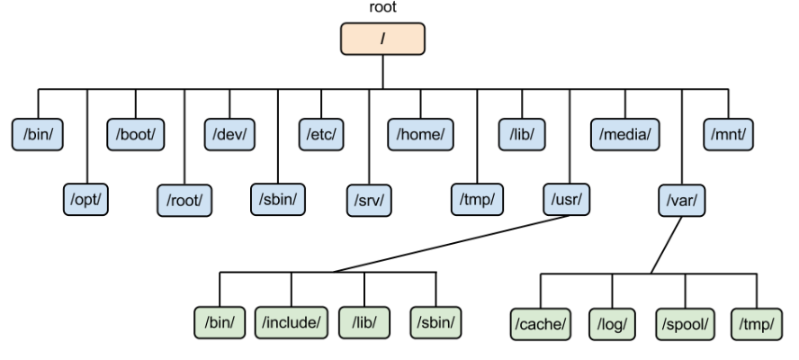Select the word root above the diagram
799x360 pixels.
pyautogui.click(x=383, y=7)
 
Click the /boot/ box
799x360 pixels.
pyautogui.click(x=136, y=134)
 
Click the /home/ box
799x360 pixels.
pyautogui.click(x=419, y=134)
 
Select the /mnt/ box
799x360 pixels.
pyautogui.click(x=729, y=134)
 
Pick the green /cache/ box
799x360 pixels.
pyautogui.click(x=539, y=321)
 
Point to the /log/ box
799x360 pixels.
pyautogui.click(x=612, y=321)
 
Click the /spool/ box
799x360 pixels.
pyautogui.click(x=685, y=321)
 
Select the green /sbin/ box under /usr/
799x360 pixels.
pyautogui.click(x=435, y=321)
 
